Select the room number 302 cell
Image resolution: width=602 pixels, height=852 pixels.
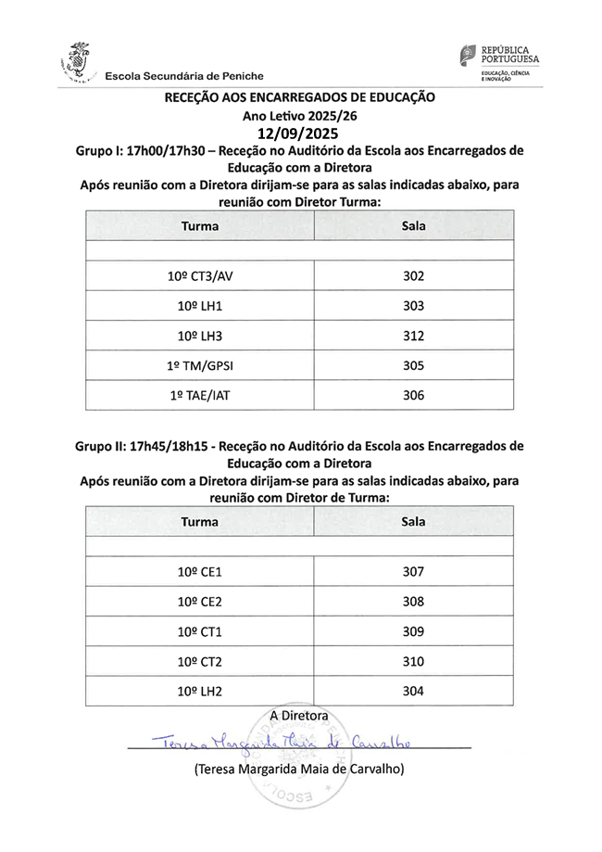(414, 275)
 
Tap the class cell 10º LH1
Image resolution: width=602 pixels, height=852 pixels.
(200, 306)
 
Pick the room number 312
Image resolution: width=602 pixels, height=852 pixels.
(414, 335)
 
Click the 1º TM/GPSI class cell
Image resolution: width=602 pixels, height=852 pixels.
(200, 365)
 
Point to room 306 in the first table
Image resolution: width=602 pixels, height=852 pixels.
(414, 395)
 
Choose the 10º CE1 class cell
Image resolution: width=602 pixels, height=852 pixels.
(200, 571)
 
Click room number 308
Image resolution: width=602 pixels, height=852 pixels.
(414, 601)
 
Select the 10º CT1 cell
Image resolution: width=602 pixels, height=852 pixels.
(200, 631)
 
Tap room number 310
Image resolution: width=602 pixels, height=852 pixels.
(414, 661)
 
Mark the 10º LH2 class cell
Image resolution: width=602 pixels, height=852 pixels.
(200, 691)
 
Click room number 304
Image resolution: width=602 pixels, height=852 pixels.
(414, 691)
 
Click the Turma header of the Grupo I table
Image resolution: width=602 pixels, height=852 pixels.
(200, 225)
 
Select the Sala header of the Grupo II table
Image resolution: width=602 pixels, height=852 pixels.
(414, 521)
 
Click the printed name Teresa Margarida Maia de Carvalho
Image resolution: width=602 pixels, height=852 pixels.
(299, 769)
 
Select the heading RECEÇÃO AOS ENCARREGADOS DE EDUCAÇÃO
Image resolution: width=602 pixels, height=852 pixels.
(299, 96)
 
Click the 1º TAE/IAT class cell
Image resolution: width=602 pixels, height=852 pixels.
(200, 395)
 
